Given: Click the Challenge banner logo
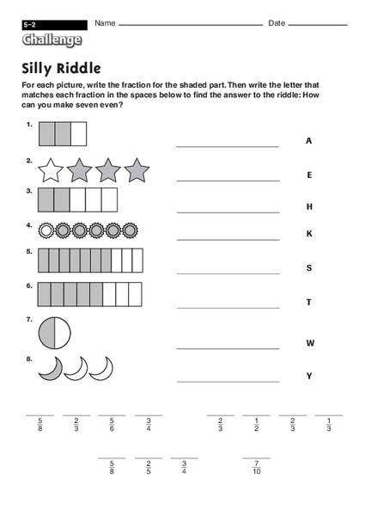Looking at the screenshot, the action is click(x=53, y=40).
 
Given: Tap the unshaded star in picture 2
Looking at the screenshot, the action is click(x=51, y=170).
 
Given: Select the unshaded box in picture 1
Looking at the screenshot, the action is click(x=78, y=133).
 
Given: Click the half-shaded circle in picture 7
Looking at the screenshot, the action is click(x=54, y=333).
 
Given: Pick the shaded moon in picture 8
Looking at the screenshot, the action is click(x=51, y=369).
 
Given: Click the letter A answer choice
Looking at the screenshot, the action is click(x=308, y=141).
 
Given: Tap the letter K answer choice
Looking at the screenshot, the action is click(x=308, y=233).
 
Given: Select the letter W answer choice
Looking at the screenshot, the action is click(x=309, y=343).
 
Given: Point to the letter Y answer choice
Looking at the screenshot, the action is click(x=308, y=376).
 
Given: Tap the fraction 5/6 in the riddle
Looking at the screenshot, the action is click(x=112, y=426).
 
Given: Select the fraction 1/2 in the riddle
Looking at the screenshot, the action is click(x=256, y=426).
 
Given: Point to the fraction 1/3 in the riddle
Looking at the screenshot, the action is click(x=328, y=426).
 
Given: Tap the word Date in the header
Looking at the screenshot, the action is click(x=277, y=21).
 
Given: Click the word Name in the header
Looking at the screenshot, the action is click(x=106, y=21).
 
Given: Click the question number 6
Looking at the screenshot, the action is click(x=29, y=286).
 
